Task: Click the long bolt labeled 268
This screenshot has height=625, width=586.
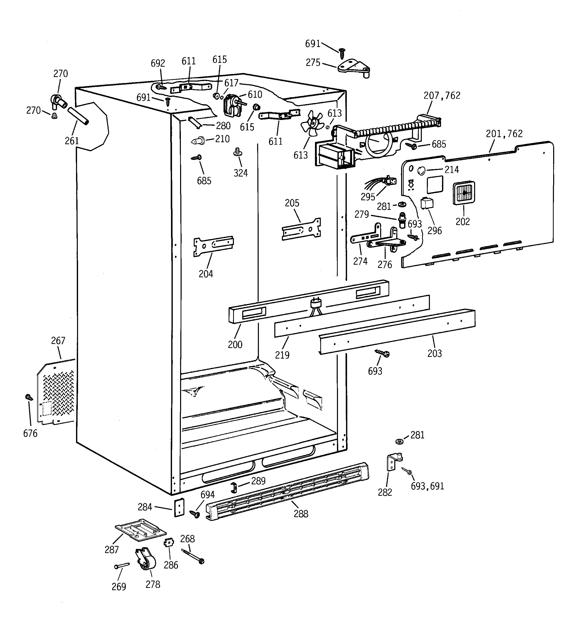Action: (x=192, y=556)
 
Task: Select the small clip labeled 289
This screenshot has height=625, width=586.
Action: (x=234, y=487)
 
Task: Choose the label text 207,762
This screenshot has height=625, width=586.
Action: (x=442, y=95)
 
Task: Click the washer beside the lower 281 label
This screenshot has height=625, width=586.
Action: (x=400, y=442)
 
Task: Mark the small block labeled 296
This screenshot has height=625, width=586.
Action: (x=427, y=203)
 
